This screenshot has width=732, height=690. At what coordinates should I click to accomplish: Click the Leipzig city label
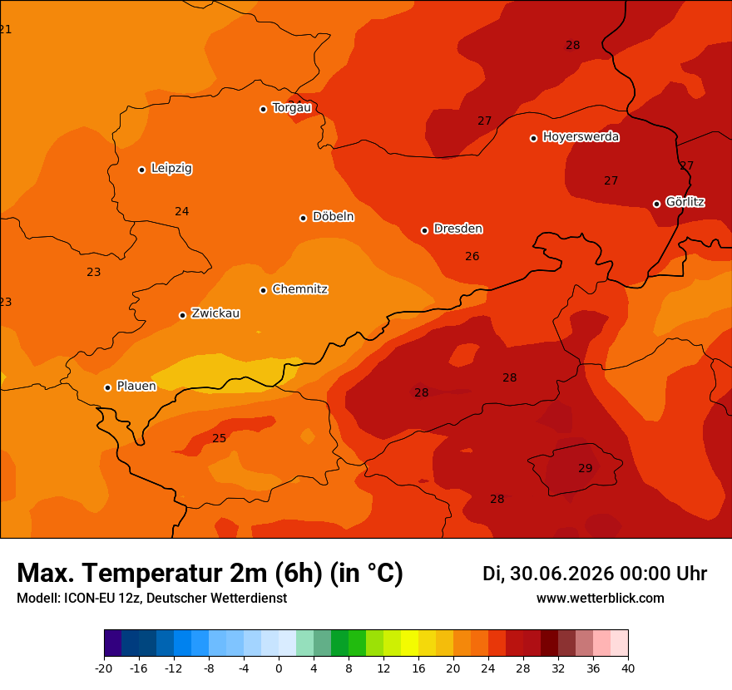pyautogui.click(x=171, y=169)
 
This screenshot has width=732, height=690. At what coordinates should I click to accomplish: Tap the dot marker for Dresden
pyautogui.click(x=424, y=230)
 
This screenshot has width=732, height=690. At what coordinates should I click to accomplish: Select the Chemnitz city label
pyautogui.click(x=300, y=289)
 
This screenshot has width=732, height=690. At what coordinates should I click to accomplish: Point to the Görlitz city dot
pyautogui.click(x=656, y=204)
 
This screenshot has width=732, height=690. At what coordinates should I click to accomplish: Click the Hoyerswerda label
pyautogui.click(x=581, y=136)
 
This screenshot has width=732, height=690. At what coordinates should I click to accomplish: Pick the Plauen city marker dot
pyautogui.click(x=107, y=387)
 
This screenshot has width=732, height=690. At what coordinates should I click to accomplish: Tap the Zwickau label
pyautogui.click(x=215, y=313)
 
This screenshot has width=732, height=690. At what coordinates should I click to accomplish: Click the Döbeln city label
pyautogui.click(x=334, y=216)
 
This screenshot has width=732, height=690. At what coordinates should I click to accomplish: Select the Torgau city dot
pyautogui.click(x=264, y=109)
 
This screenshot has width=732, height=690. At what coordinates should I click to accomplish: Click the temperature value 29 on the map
pyautogui.click(x=585, y=468)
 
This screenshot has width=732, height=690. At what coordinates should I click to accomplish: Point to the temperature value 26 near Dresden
pyautogui.click(x=472, y=256)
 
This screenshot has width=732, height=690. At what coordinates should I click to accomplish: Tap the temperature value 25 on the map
pyautogui.click(x=219, y=438)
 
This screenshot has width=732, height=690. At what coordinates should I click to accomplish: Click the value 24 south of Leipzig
pyautogui.click(x=181, y=211)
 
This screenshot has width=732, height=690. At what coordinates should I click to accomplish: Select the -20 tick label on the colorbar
pyautogui.click(x=104, y=668)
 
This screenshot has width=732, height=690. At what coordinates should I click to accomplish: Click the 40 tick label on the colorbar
pyautogui.click(x=628, y=668)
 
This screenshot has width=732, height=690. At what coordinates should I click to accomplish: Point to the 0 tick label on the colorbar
pyautogui.click(x=279, y=668)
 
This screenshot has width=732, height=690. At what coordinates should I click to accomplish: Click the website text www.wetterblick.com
pyautogui.click(x=600, y=598)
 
